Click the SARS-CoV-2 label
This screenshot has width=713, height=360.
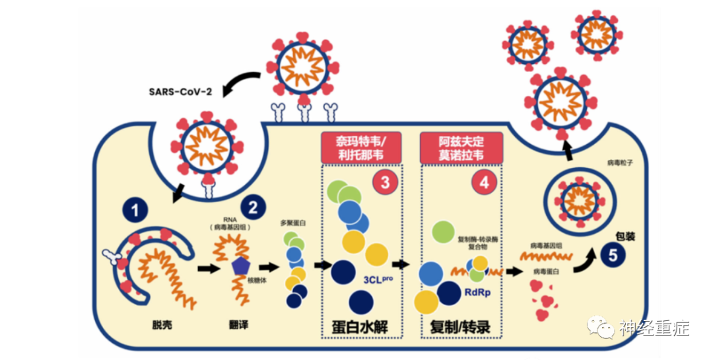pos(180,90)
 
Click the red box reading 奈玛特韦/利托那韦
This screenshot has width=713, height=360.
pos(361,148)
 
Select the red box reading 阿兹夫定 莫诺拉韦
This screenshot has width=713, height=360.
pos(461,148)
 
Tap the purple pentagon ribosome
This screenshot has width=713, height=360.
pos(240,266)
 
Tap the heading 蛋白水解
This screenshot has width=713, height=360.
pos(361,326)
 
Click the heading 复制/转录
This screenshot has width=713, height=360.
pos(461,326)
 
